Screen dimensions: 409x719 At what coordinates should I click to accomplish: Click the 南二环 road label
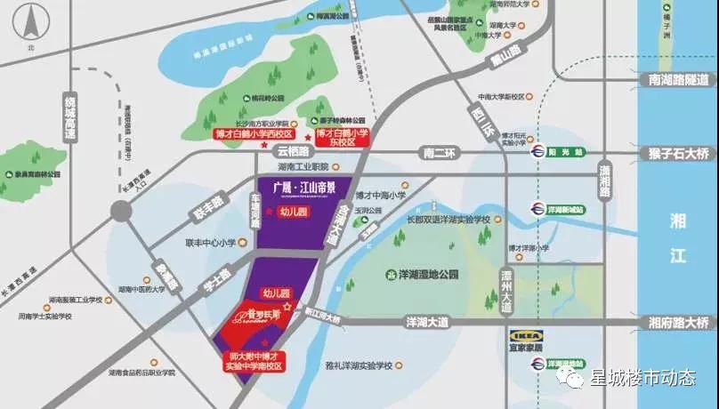439,154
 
